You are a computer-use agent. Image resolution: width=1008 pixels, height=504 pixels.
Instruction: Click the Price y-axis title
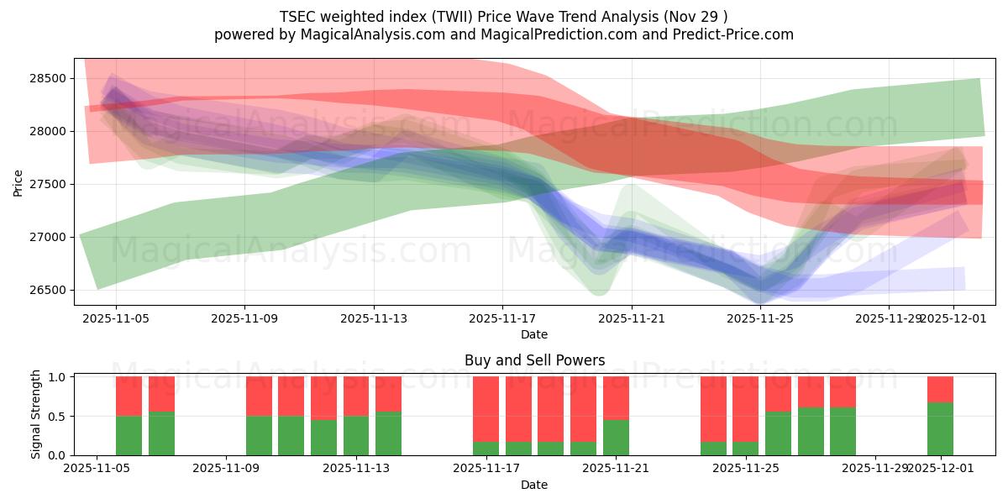tap(18, 182)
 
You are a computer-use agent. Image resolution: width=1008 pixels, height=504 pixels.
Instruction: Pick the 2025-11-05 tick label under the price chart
tap(116, 319)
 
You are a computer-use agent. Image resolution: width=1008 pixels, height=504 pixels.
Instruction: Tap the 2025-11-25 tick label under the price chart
tap(760, 319)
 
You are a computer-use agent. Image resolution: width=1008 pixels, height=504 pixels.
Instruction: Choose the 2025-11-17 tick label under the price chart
tap(502, 319)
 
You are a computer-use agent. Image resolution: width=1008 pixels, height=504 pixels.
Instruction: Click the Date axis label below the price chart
tap(534, 334)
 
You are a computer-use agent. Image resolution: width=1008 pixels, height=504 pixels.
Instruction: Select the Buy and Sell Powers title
tap(534, 360)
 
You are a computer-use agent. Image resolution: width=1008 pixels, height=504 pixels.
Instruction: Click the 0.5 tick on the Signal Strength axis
tap(57, 417)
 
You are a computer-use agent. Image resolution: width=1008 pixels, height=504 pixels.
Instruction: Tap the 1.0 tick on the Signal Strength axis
tap(57, 377)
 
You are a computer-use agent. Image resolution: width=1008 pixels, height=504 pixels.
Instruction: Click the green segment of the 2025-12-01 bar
tap(940, 429)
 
